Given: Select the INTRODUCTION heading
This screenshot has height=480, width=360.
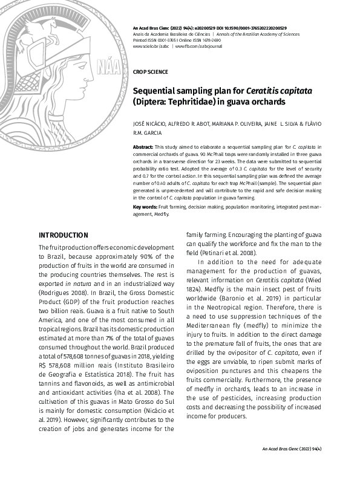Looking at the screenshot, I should point(64,235).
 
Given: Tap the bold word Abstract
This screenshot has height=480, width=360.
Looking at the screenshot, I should point(143,147).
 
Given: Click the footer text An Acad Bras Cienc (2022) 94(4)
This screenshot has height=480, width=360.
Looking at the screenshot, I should point(291,448).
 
